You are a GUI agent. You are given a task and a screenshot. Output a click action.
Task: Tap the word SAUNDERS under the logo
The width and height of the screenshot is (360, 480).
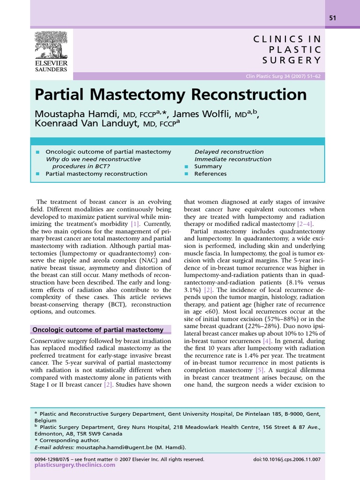click(51, 69)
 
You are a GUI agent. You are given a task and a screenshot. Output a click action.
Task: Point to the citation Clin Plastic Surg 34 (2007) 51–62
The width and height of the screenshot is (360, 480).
click(283, 77)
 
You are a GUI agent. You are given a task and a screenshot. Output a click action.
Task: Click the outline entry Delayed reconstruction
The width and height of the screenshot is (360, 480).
click(229, 152)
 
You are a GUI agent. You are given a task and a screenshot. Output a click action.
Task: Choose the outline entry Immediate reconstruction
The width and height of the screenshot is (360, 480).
click(232, 159)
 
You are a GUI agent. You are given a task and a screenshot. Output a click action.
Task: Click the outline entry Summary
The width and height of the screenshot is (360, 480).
click(208, 166)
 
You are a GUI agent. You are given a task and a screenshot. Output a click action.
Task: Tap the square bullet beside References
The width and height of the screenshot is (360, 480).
click(186, 174)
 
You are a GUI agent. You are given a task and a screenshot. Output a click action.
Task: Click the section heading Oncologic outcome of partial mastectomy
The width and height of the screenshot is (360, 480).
click(97, 330)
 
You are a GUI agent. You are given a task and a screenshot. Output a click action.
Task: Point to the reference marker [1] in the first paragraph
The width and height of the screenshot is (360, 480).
click(135, 224)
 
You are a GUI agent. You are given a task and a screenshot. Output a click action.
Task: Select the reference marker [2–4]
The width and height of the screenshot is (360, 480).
click(304, 224)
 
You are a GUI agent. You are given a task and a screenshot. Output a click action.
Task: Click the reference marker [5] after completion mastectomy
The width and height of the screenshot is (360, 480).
click(260, 370)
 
